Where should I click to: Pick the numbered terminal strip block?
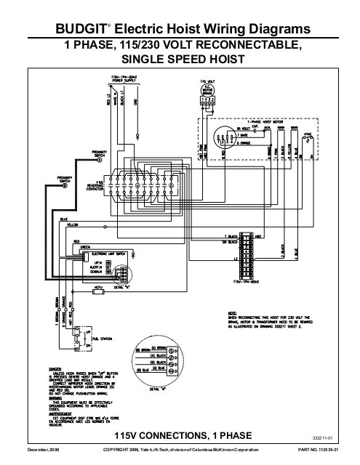click(x=248, y=254)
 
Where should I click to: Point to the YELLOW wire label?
click(x=72, y=226)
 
